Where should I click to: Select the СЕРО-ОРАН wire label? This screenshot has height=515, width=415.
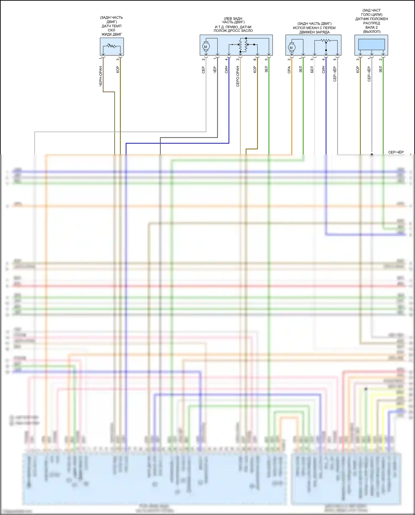pyautogui.click(x=238, y=76)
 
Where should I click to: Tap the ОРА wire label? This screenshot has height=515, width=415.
pyautogui.click(x=289, y=70)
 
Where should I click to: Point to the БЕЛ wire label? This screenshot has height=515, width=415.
pyautogui.click(x=312, y=69)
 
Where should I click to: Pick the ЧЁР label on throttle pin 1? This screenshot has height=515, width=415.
pyautogui.click(x=215, y=70)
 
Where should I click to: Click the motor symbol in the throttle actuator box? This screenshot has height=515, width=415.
pyautogui.click(x=206, y=47)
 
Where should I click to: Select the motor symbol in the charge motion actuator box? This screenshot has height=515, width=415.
pyautogui.click(x=291, y=48)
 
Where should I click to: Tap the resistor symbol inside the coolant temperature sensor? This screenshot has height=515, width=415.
pyautogui.click(x=112, y=46)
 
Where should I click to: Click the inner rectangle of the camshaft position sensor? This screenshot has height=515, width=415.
pyautogui.click(x=372, y=44)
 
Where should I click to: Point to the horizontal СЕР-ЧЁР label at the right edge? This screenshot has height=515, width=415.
pyautogui.click(x=396, y=152)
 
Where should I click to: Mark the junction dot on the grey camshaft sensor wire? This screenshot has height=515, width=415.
pyautogui.click(x=372, y=154)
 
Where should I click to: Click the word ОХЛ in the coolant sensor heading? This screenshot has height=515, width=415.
pyautogui.click(x=111, y=30)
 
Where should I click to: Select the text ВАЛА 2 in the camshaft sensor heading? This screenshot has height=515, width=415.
pyautogui.click(x=372, y=27)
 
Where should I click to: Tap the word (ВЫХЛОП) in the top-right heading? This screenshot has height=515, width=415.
pyautogui.click(x=372, y=32)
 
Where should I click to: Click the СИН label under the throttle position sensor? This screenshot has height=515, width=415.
pyautogui.click(x=226, y=69)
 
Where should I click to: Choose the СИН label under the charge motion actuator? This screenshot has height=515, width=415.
pyautogui.click(x=323, y=69)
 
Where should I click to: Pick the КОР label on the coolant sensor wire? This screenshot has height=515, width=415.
pyautogui.click(x=118, y=69)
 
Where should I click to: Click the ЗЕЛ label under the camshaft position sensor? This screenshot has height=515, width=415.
pyautogui.click(x=381, y=69)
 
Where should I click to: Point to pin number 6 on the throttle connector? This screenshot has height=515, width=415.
pyautogui.click(x=255, y=59)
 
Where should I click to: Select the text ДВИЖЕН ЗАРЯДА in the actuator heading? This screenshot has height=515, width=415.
pyautogui.click(x=314, y=32)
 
